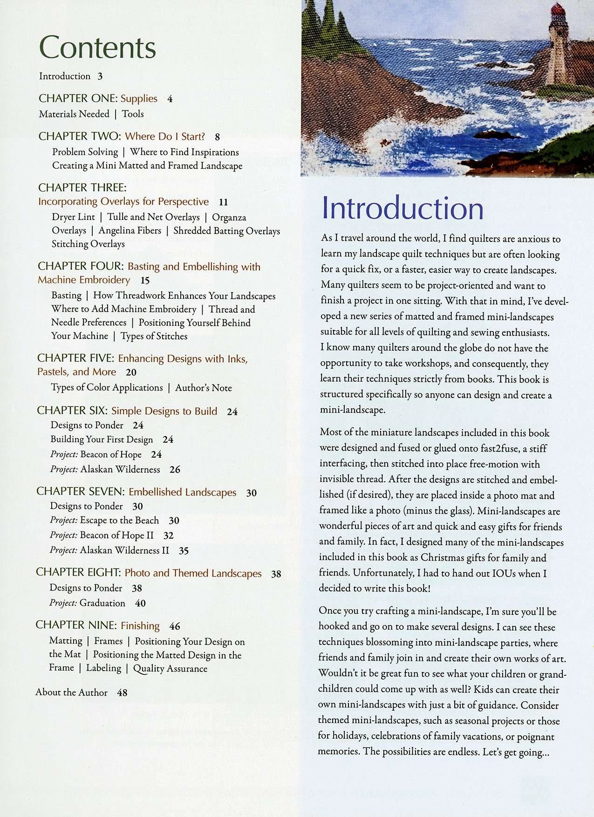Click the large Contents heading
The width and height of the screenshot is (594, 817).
[97, 48]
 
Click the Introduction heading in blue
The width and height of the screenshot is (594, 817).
[403, 208]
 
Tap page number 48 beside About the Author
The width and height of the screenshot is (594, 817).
[122, 693]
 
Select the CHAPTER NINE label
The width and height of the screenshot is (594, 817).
[76, 625]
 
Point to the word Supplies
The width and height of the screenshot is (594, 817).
[139, 99]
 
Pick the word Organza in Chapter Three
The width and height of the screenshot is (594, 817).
[229, 218]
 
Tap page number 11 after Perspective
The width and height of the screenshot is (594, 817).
[223, 202]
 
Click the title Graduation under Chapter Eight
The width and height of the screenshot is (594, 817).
[102, 603]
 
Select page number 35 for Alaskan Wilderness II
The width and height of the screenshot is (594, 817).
[184, 551]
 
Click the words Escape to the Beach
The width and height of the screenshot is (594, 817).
[119, 521]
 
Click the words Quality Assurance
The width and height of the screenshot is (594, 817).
[170, 669]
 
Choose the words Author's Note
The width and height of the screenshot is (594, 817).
[204, 388]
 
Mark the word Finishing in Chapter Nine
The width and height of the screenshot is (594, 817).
[140, 626]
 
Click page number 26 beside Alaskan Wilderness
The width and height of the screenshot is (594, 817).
[175, 470]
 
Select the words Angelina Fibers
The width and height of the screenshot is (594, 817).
[130, 231]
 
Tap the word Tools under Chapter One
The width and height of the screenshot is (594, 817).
[133, 114]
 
